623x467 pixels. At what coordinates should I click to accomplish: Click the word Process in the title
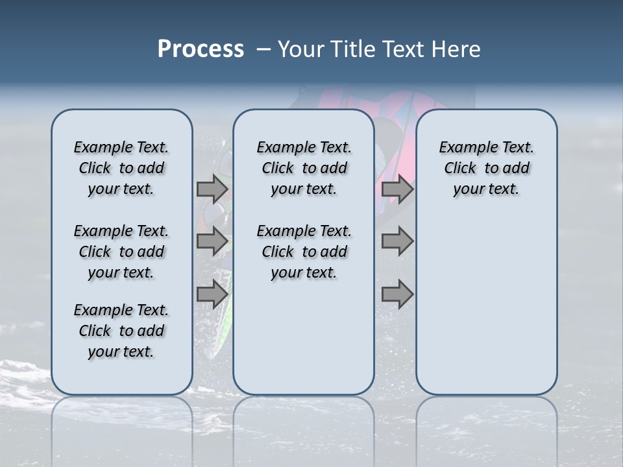point(201,49)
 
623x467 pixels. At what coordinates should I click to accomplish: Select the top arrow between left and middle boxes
point(212,189)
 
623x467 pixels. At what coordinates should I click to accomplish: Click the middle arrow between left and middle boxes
point(212,241)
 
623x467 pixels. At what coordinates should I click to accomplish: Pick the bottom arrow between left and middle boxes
point(212,294)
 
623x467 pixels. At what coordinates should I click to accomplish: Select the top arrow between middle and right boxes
point(397,189)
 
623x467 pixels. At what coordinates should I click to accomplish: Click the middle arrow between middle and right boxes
point(397,241)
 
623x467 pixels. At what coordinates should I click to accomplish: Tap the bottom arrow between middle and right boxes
point(397,294)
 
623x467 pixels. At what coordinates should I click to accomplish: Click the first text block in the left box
point(121,168)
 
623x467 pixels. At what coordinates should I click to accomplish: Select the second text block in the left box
point(121,252)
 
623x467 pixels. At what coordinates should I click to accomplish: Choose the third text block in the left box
point(121,331)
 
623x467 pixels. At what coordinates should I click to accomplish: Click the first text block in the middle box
point(304,168)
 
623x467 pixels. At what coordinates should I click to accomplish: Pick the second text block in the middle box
point(304,252)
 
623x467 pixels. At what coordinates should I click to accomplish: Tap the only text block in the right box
point(486,168)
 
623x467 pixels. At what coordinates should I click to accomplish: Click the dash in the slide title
point(263,49)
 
